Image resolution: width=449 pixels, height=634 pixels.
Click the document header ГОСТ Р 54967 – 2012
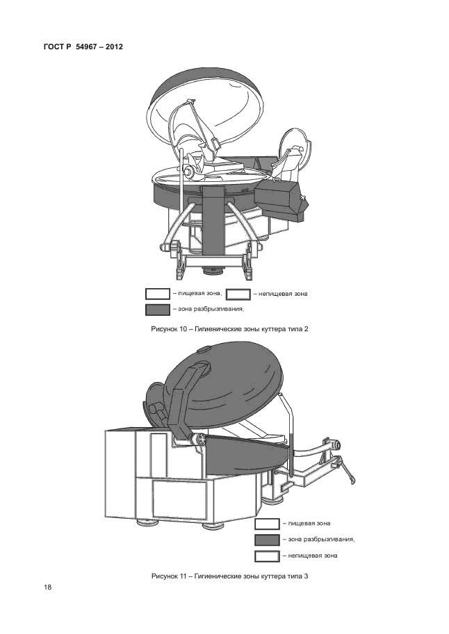click(x=83, y=47)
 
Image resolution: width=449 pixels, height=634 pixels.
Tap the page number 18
click(x=48, y=587)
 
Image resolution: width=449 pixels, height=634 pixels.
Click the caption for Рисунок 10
click(x=229, y=329)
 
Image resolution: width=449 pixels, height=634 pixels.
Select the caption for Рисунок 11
click(x=229, y=576)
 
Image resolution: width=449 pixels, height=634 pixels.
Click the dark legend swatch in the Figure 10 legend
click(x=158, y=310)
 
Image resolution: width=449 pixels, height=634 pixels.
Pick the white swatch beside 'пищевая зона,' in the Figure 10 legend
click(x=158, y=294)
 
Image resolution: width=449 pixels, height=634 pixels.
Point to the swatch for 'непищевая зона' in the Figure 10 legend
click(x=238, y=294)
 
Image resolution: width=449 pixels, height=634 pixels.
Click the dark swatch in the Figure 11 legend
click(x=267, y=540)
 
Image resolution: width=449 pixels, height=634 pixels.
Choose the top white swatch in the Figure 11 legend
click(x=267, y=524)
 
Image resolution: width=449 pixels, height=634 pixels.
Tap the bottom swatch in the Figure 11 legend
click(x=267, y=556)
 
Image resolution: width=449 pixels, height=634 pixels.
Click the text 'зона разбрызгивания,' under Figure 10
click(x=211, y=309)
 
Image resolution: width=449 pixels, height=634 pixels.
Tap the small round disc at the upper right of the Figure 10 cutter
click(x=295, y=146)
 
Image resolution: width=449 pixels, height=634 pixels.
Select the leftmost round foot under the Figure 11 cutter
click(x=147, y=522)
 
